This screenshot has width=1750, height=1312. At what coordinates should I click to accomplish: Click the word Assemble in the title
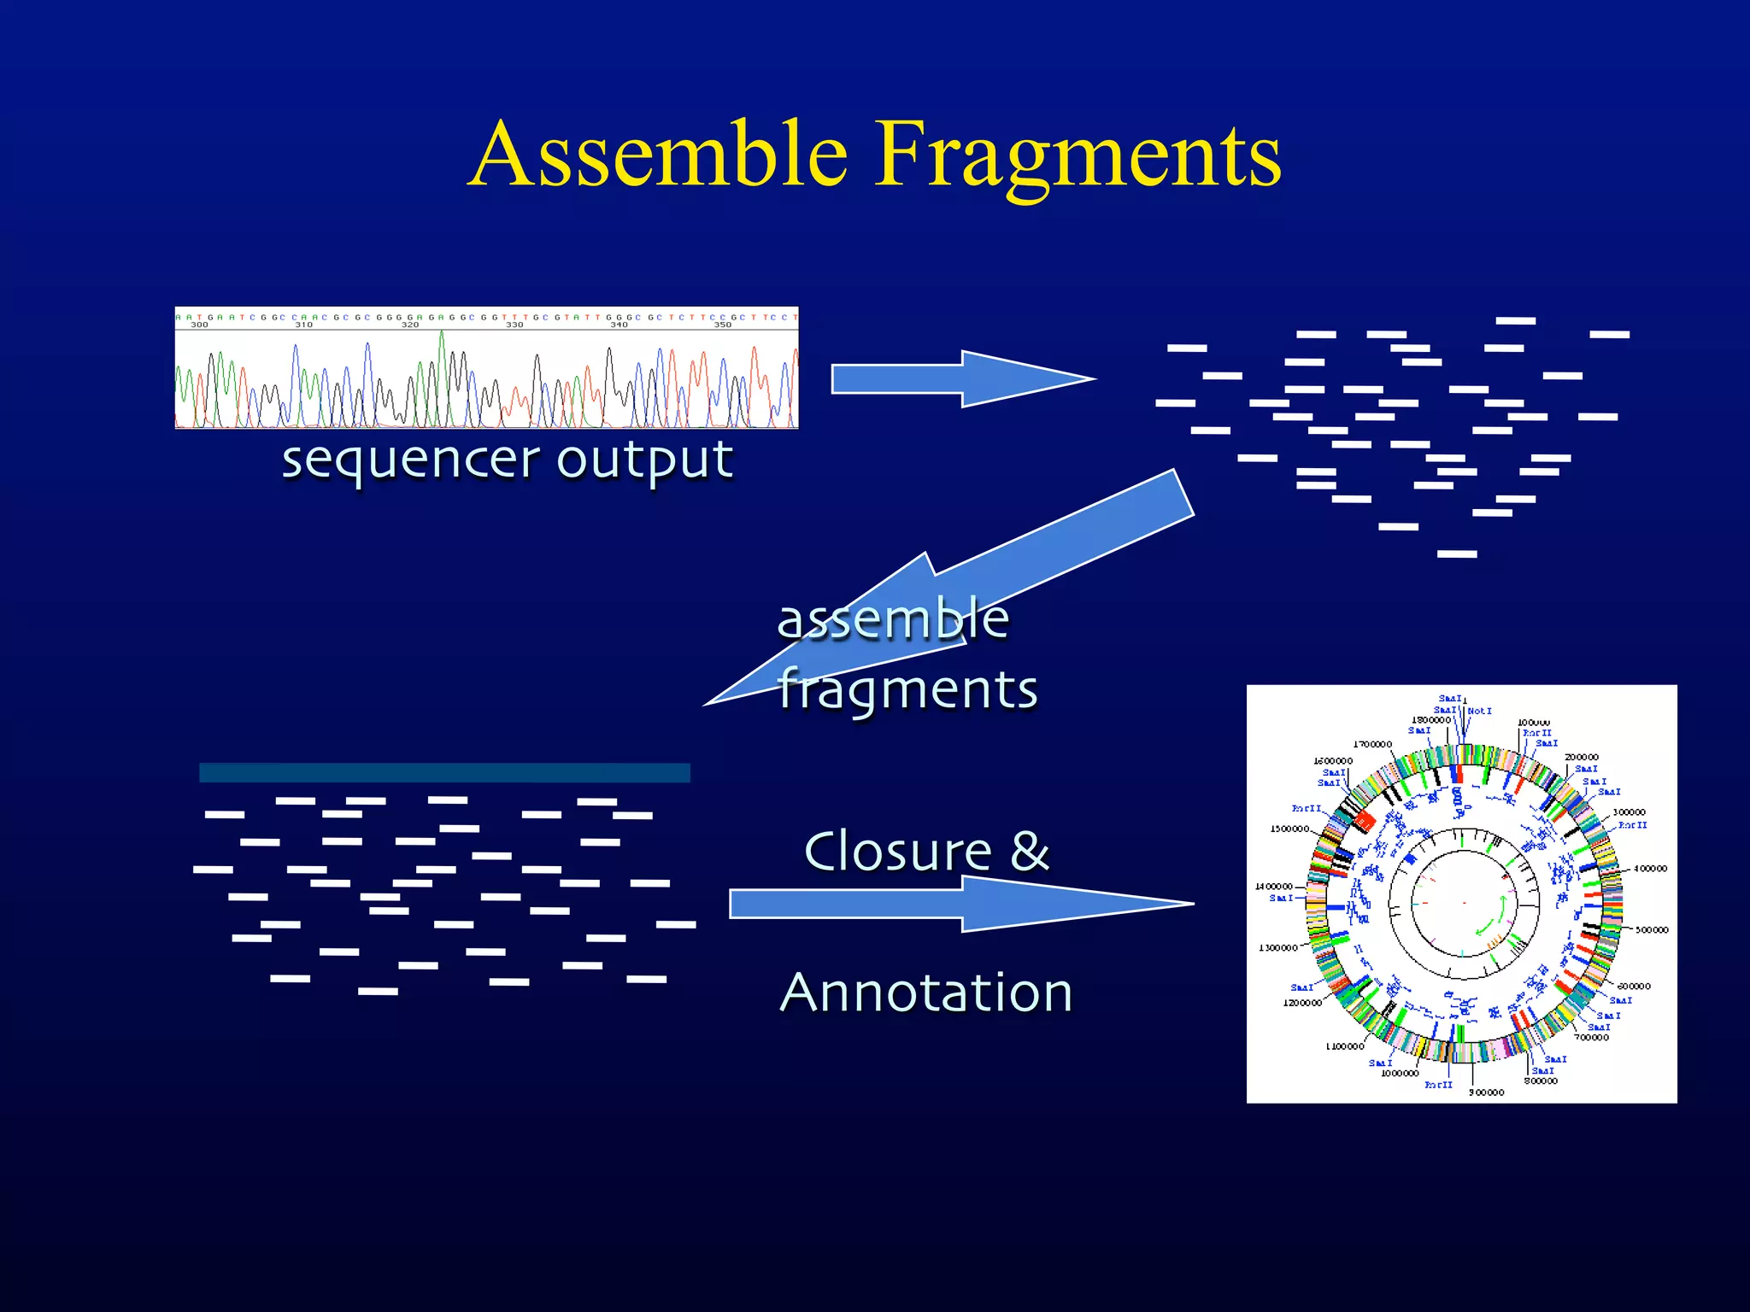pos(658,154)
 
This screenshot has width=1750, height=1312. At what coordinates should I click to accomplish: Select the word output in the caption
pos(645,461)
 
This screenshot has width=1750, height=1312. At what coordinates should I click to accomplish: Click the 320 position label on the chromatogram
pos(410,325)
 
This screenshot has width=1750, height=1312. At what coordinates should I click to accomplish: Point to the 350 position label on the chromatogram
pos(723,325)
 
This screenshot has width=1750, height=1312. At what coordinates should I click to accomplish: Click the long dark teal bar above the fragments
pos(444,773)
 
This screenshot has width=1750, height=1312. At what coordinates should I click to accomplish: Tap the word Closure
pos(897,852)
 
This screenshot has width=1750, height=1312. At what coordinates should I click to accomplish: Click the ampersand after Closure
pos(1030,852)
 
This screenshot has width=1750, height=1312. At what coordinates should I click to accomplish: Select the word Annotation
pos(926,993)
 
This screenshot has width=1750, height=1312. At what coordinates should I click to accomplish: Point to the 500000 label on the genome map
pos(1651,930)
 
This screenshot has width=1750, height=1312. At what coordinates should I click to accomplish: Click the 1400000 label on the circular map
pos(1273,887)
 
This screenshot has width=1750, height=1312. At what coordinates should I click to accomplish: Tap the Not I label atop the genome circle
pos(1479,711)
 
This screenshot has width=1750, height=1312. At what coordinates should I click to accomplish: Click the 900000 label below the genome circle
pos(1486,1092)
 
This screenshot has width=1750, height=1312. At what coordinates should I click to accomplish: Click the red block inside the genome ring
pos(1364,822)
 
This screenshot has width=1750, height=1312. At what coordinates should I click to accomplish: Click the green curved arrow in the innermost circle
pos(1491,918)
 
